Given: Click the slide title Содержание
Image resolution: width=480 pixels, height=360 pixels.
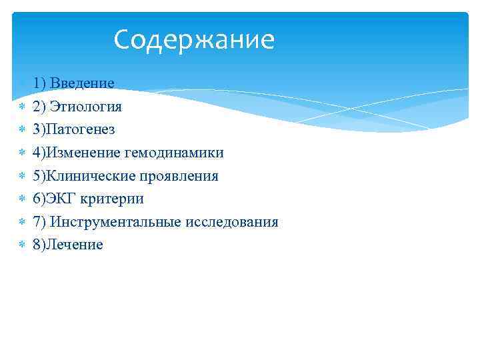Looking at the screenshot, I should (x=194, y=40).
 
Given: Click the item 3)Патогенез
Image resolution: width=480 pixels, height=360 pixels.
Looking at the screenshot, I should (x=73, y=129).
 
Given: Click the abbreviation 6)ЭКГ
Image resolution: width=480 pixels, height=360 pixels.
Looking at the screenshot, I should (x=55, y=199).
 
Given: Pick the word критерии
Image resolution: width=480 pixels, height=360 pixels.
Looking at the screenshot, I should (x=113, y=199).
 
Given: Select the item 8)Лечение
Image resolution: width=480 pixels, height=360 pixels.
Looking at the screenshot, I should (x=67, y=245).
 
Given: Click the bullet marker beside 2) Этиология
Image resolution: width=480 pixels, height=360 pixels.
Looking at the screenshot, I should (x=21, y=107).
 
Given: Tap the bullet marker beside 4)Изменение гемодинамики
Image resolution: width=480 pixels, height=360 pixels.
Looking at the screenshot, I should (x=21, y=153).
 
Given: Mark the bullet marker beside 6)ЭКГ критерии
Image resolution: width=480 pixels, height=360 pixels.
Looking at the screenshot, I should (x=21, y=199).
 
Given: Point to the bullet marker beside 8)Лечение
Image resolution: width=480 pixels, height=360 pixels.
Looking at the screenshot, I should (x=21, y=245).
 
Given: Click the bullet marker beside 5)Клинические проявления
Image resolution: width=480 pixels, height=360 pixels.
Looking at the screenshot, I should (x=21, y=176).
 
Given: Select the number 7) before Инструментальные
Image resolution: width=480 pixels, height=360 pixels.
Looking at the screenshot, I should (x=39, y=222).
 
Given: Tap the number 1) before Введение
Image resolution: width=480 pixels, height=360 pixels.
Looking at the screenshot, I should (x=39, y=83).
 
